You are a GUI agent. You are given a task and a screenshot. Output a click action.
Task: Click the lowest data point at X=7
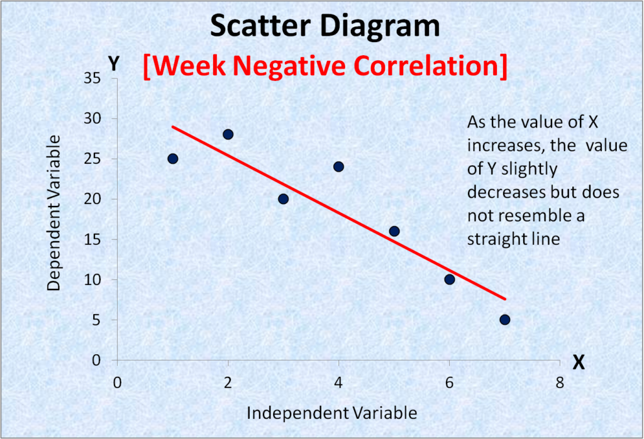tap(504, 320)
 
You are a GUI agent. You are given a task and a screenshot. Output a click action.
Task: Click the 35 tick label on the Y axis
tap(94, 78)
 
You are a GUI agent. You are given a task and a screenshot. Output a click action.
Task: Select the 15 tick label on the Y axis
tap(94, 239)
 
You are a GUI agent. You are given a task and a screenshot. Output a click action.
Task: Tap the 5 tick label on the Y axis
tap(97, 320)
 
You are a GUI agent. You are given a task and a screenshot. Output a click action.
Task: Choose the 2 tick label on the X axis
tap(228, 382)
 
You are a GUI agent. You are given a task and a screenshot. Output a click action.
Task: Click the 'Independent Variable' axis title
tap(331, 413)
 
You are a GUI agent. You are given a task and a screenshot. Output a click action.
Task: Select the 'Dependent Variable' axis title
tap(55, 212)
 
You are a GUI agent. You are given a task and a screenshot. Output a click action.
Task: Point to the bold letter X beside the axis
tap(579, 362)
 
